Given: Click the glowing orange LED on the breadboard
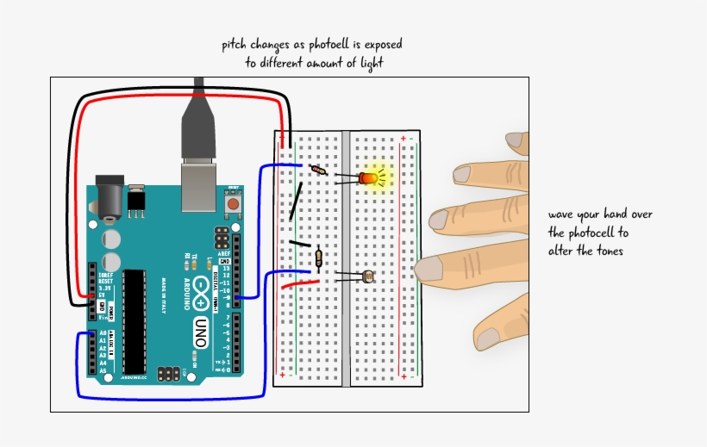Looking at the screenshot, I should pyautogui.click(x=370, y=178).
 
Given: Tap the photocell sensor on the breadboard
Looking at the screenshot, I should pyautogui.click(x=370, y=276).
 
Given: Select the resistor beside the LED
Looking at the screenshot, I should pyautogui.click(x=319, y=171).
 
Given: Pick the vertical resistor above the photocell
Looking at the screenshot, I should pyautogui.click(x=320, y=257).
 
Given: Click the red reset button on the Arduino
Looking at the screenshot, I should pyautogui.click(x=233, y=205).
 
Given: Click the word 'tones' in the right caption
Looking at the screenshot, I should pyautogui.click(x=606, y=251).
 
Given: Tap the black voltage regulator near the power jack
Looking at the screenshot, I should pyautogui.click(x=136, y=201).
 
